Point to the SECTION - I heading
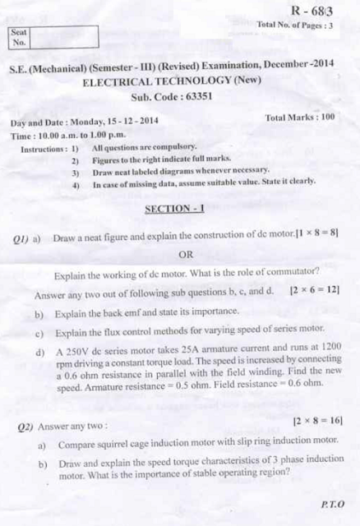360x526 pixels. coord(174,209)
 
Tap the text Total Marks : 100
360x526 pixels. coord(300,118)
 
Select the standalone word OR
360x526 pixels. coord(186,254)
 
